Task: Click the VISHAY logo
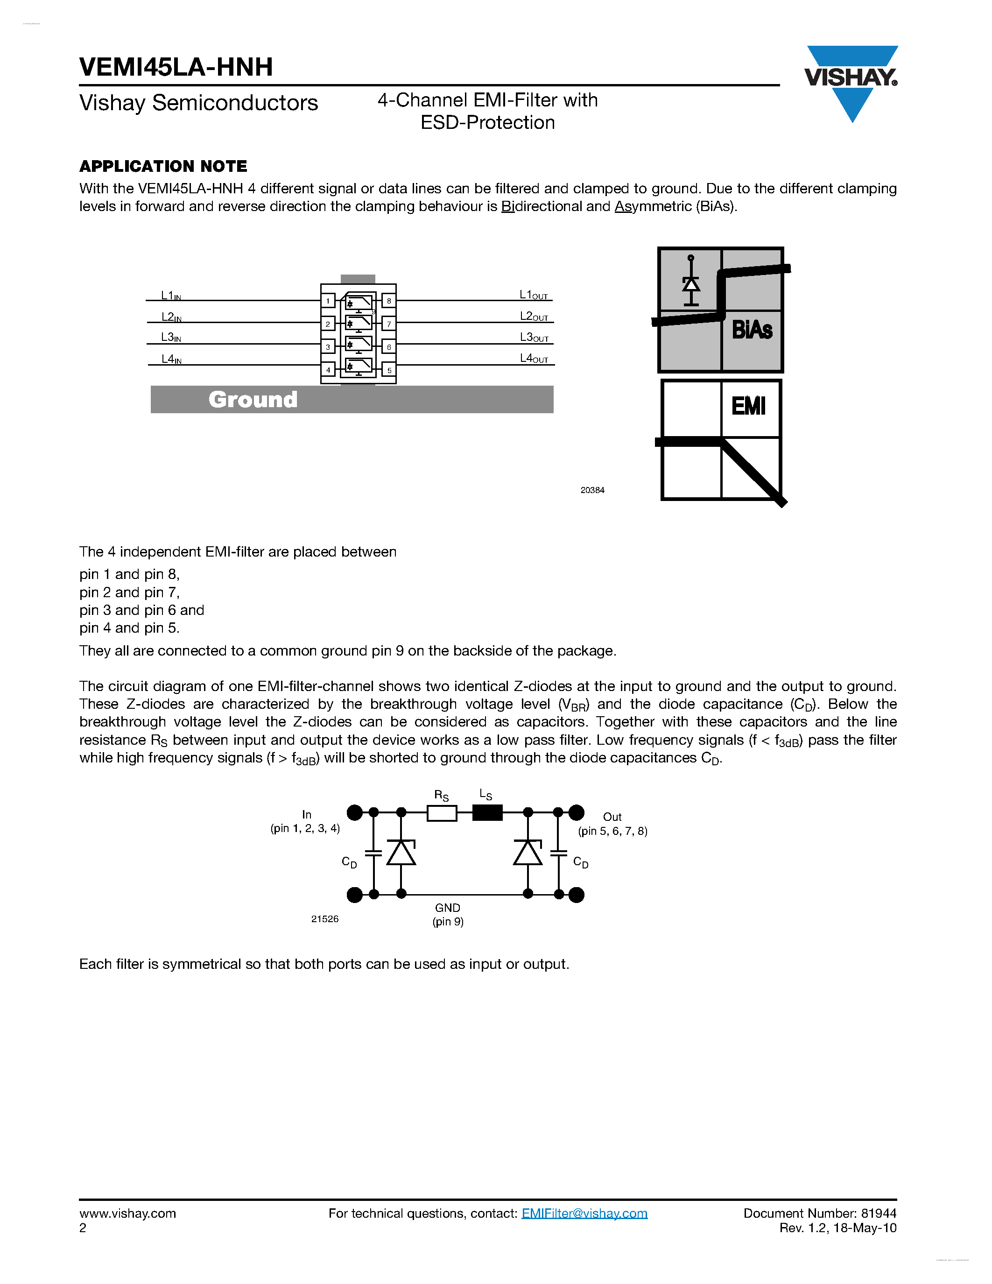point(851,79)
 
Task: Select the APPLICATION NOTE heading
point(163,166)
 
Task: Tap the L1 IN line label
point(171,296)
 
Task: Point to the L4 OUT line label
point(534,359)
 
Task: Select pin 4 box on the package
point(328,370)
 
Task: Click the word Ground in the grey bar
point(253,400)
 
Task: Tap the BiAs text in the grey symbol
point(752,330)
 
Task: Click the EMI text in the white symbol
point(748,406)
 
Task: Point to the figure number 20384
point(592,490)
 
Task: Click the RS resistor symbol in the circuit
point(441,813)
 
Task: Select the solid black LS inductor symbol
point(488,813)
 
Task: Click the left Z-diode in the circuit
point(401,853)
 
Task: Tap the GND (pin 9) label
point(448,915)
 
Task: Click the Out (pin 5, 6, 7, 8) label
point(612,824)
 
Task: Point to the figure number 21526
point(325,919)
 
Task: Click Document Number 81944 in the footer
point(820,1213)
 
